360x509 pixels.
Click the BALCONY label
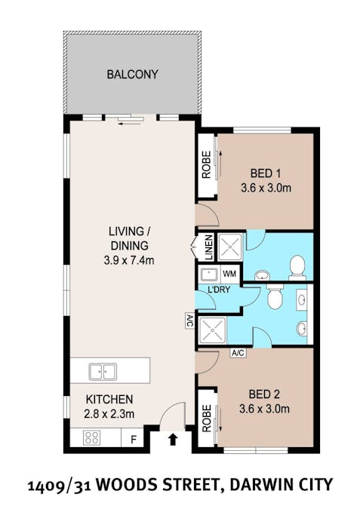coord(132,75)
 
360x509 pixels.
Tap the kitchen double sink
coord(103,372)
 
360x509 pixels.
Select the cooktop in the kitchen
coord(92,437)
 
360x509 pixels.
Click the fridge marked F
coord(133,440)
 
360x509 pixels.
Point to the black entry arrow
coord(173,440)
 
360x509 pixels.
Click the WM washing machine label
coord(229,274)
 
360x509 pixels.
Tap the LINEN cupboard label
coord(209,247)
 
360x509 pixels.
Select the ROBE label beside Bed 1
coord(206,165)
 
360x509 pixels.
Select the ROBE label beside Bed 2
coord(206,418)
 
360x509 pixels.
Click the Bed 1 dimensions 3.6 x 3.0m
coord(266,188)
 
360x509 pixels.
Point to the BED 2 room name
coord(264,394)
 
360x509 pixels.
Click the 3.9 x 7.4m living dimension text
coord(129,260)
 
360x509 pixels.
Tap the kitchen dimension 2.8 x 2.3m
coord(109,413)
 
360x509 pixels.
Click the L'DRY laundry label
coord(219,290)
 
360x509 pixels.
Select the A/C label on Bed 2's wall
coord(238,353)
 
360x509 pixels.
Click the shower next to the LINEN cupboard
coord(229,247)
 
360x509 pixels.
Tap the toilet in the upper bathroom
coord(297,268)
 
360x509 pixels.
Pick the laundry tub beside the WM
coord(209,274)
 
